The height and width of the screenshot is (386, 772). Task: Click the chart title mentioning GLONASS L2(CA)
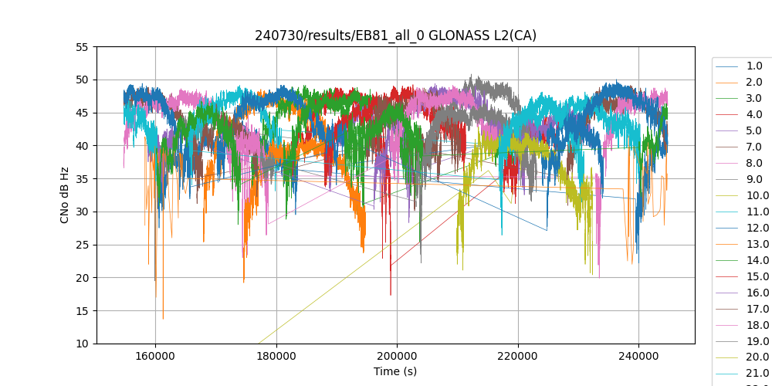[395, 36]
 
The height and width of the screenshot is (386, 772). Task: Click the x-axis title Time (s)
[395, 371]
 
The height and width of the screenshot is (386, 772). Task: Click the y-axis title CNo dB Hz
[65, 195]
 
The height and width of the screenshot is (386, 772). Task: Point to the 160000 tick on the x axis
[155, 356]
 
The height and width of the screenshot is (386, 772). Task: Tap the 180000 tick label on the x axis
[276, 356]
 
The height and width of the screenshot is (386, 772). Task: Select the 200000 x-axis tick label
[397, 356]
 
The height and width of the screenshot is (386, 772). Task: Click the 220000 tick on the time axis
[518, 356]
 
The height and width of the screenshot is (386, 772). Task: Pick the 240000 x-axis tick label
[638, 356]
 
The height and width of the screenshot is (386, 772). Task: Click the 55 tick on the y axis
[82, 47]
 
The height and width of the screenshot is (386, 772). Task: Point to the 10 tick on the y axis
[82, 344]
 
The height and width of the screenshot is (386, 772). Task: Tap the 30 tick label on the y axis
[82, 212]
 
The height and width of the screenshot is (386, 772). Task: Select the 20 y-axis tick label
[82, 278]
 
